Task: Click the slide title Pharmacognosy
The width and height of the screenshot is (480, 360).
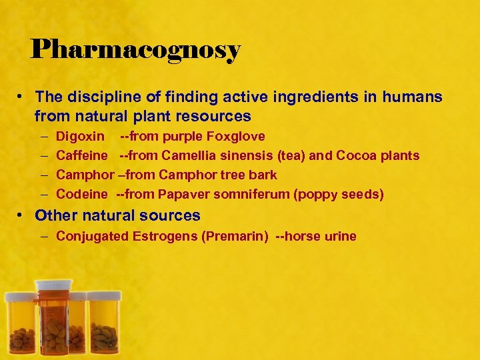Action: pos(135,49)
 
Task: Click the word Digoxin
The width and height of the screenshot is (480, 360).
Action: pos(80,137)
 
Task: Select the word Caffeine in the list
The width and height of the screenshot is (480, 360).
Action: pos(82,156)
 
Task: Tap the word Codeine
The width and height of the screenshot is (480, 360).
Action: pos(81,195)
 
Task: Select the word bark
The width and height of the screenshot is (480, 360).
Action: pos(263,175)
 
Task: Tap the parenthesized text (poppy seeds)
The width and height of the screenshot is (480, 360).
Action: pos(343,195)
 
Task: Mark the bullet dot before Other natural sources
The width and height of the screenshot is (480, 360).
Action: pos(21,215)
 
